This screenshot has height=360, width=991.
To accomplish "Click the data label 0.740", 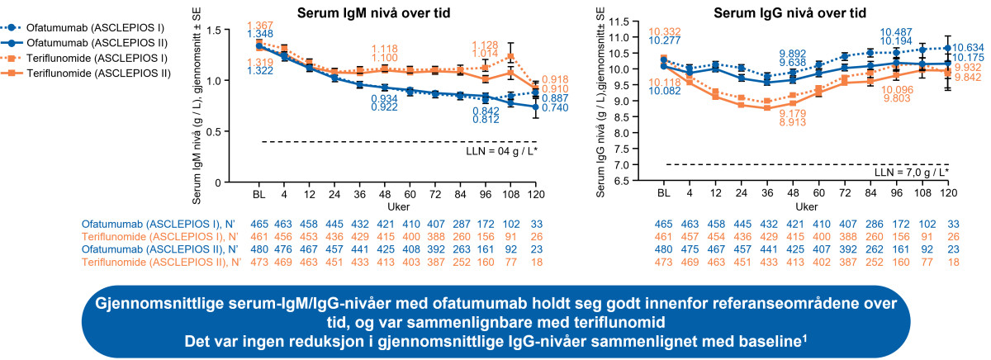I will point(555,108).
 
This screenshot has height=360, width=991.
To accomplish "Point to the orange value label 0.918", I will point(555,78).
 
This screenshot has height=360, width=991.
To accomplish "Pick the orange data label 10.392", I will point(665,31).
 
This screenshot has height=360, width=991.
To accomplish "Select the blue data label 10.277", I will point(665,40).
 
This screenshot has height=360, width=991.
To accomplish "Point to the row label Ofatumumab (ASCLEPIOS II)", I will point(155,249).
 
